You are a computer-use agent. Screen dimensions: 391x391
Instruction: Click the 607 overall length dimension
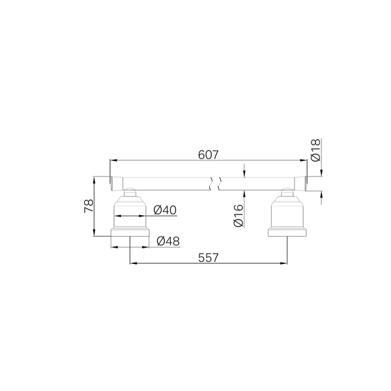coord(209,155)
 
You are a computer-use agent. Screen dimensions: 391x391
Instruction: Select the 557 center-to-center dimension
coord(209,257)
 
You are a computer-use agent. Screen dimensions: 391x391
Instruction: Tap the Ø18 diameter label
coord(315,150)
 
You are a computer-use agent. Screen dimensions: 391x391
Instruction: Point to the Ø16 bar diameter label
coord(239,215)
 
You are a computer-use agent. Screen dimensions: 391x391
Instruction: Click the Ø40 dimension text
coord(165,210)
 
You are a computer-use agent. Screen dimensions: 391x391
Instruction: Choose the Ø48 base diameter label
coord(168,241)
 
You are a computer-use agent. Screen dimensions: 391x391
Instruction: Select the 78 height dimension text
coord(89,206)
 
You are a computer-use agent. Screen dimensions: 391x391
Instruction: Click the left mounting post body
coord(130,212)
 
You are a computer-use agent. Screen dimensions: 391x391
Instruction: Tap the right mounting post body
coord(287,212)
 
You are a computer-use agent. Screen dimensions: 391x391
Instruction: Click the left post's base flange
coord(130,232)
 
